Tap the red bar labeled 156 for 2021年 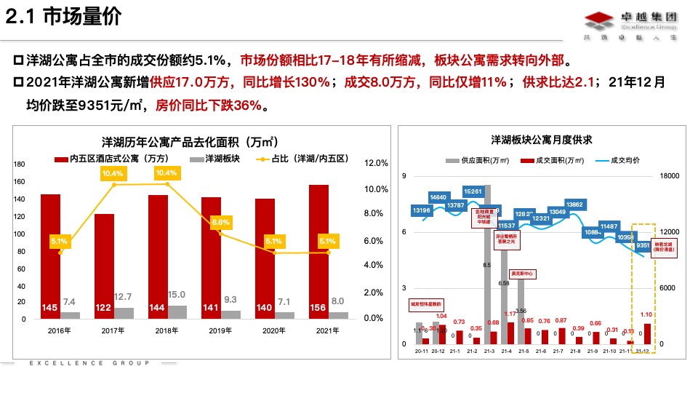tap(318, 252)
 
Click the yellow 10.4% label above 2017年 tap(113, 173)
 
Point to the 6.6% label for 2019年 tap(220, 222)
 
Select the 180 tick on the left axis tap(20, 164)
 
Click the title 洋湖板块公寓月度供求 tap(541, 139)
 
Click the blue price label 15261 tap(473, 191)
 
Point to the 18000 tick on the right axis tap(668, 176)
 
